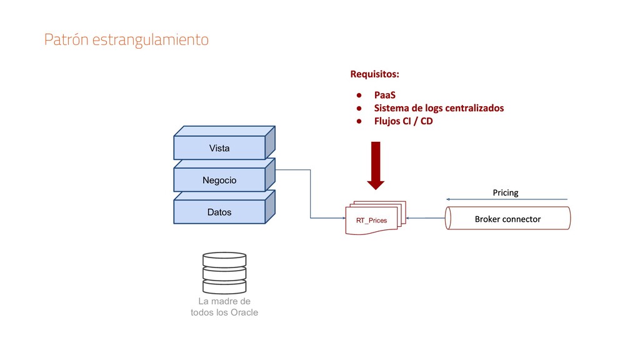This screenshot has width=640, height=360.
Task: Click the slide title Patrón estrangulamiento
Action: (x=126, y=40)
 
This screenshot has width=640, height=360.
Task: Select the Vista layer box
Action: (x=219, y=148)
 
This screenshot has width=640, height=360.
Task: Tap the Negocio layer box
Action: (x=219, y=180)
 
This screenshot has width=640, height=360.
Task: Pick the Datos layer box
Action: (x=219, y=212)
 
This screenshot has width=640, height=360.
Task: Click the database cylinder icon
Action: (x=224, y=272)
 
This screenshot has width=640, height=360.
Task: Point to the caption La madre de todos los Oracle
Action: (x=224, y=307)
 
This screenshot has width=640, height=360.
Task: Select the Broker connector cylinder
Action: (x=507, y=219)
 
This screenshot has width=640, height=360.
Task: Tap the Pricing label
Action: (x=506, y=192)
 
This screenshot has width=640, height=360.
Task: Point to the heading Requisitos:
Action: (x=374, y=74)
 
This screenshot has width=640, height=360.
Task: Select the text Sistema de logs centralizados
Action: (x=439, y=108)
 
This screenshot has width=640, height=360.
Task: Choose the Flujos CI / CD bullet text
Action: (x=403, y=121)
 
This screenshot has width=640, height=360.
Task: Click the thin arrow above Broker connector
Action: (x=507, y=200)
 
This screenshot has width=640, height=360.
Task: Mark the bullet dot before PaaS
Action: (x=360, y=96)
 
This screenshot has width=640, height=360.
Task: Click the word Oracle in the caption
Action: (x=244, y=312)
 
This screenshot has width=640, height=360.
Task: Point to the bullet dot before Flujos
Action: (x=360, y=121)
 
